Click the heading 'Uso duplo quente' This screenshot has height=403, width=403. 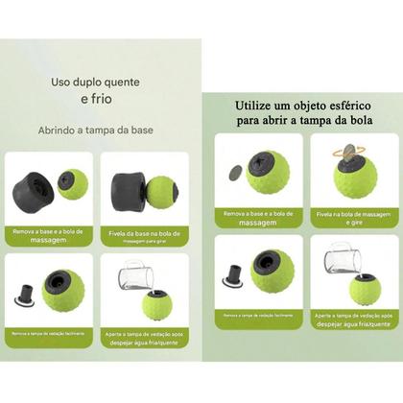(99, 83)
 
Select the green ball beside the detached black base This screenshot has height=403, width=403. (72, 184)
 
